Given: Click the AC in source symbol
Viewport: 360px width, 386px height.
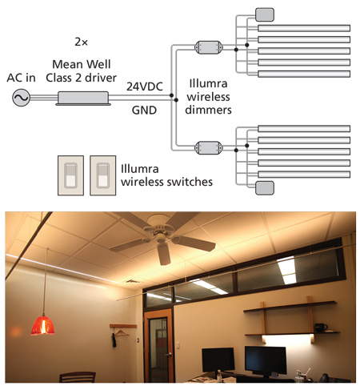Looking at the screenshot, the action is [21, 98].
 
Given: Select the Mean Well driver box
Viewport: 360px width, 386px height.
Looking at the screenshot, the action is [83, 99].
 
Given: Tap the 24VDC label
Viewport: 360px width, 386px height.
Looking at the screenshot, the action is [145, 86].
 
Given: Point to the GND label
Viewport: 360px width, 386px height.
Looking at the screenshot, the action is [144, 110].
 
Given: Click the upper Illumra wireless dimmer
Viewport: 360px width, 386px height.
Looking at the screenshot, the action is [209, 47].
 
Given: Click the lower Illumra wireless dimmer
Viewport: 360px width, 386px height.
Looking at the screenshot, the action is [209, 148].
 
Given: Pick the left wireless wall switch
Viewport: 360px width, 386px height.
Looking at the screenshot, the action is [70, 175].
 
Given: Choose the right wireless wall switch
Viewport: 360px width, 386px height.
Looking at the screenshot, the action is [103, 175].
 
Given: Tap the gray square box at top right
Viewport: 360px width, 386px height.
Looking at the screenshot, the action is [265, 14].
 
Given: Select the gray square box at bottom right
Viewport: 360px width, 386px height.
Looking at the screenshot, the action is [265, 188].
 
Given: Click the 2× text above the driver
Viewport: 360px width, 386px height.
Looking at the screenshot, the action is [81, 42].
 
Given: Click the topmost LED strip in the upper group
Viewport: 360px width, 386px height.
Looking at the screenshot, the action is [304, 28].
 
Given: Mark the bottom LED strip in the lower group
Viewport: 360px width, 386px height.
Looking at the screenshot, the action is [304, 175].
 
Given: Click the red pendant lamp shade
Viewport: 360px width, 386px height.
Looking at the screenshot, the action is [42, 325].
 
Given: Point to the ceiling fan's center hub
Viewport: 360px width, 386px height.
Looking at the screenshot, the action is [160, 235].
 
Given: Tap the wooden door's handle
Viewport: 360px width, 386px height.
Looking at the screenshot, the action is [169, 355].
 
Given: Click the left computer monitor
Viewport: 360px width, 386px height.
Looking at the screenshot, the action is [218, 360].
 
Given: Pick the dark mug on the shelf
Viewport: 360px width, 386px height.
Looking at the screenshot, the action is [321, 328].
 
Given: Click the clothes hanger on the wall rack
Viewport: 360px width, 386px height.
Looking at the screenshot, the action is [121, 332].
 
